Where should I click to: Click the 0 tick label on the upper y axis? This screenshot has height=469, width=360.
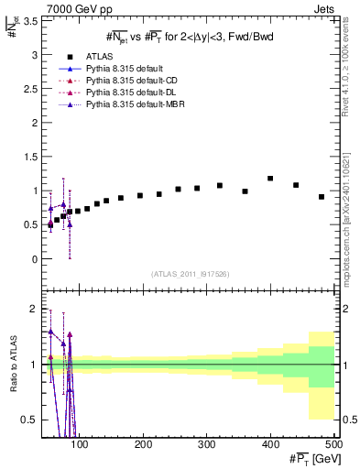35,259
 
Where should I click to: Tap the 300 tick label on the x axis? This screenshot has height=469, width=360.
240,444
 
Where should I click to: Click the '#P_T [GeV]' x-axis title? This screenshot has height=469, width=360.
311,458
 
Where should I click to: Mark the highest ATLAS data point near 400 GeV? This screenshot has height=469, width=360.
270,179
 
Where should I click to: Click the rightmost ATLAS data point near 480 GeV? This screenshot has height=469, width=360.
322,197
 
